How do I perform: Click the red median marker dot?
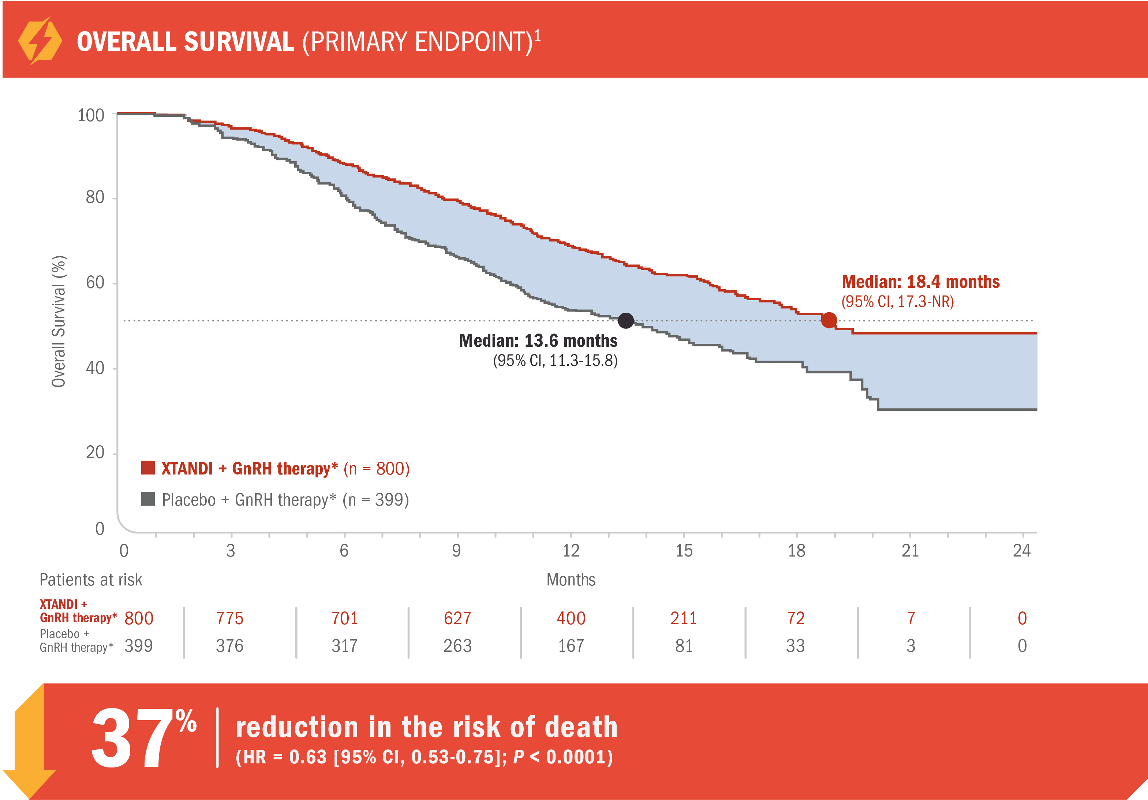[829, 320]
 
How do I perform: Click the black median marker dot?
[625, 320]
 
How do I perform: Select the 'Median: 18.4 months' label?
[920, 282]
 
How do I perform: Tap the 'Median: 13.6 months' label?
[538, 341]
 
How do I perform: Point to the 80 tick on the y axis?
[95, 198]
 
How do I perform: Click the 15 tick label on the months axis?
[684, 551]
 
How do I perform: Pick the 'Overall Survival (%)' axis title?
[59, 321]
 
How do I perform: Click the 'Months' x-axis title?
[571, 579]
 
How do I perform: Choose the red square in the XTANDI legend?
[148, 468]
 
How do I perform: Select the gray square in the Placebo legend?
[148, 499]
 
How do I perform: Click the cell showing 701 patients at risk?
[344, 618]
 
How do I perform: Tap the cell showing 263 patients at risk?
[457, 646]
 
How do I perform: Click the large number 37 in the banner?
[131, 739]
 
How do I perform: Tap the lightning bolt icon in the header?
[40, 41]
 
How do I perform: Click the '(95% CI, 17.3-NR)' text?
[897, 302]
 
